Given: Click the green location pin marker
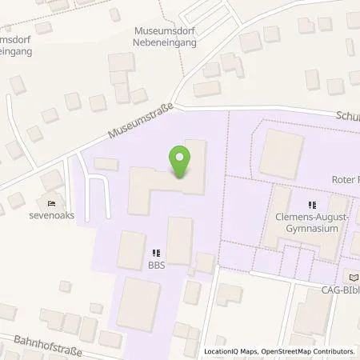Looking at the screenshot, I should point(181,162).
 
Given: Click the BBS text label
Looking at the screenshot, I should point(155,266).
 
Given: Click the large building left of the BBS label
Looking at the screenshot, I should point(131,250).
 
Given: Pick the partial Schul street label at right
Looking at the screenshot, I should point(349,115).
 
